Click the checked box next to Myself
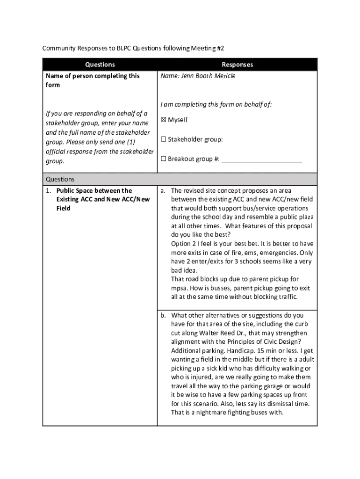tap(164, 120)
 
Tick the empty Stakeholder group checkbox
tap(164, 139)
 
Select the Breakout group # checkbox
tap(164, 159)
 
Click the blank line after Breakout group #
tap(261, 160)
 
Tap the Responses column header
tap(237, 65)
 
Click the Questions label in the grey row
tap(60, 179)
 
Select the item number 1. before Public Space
tap(49, 190)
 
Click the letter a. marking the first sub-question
tap(163, 190)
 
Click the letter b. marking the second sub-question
tap(163, 315)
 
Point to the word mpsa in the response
tap(179, 288)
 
